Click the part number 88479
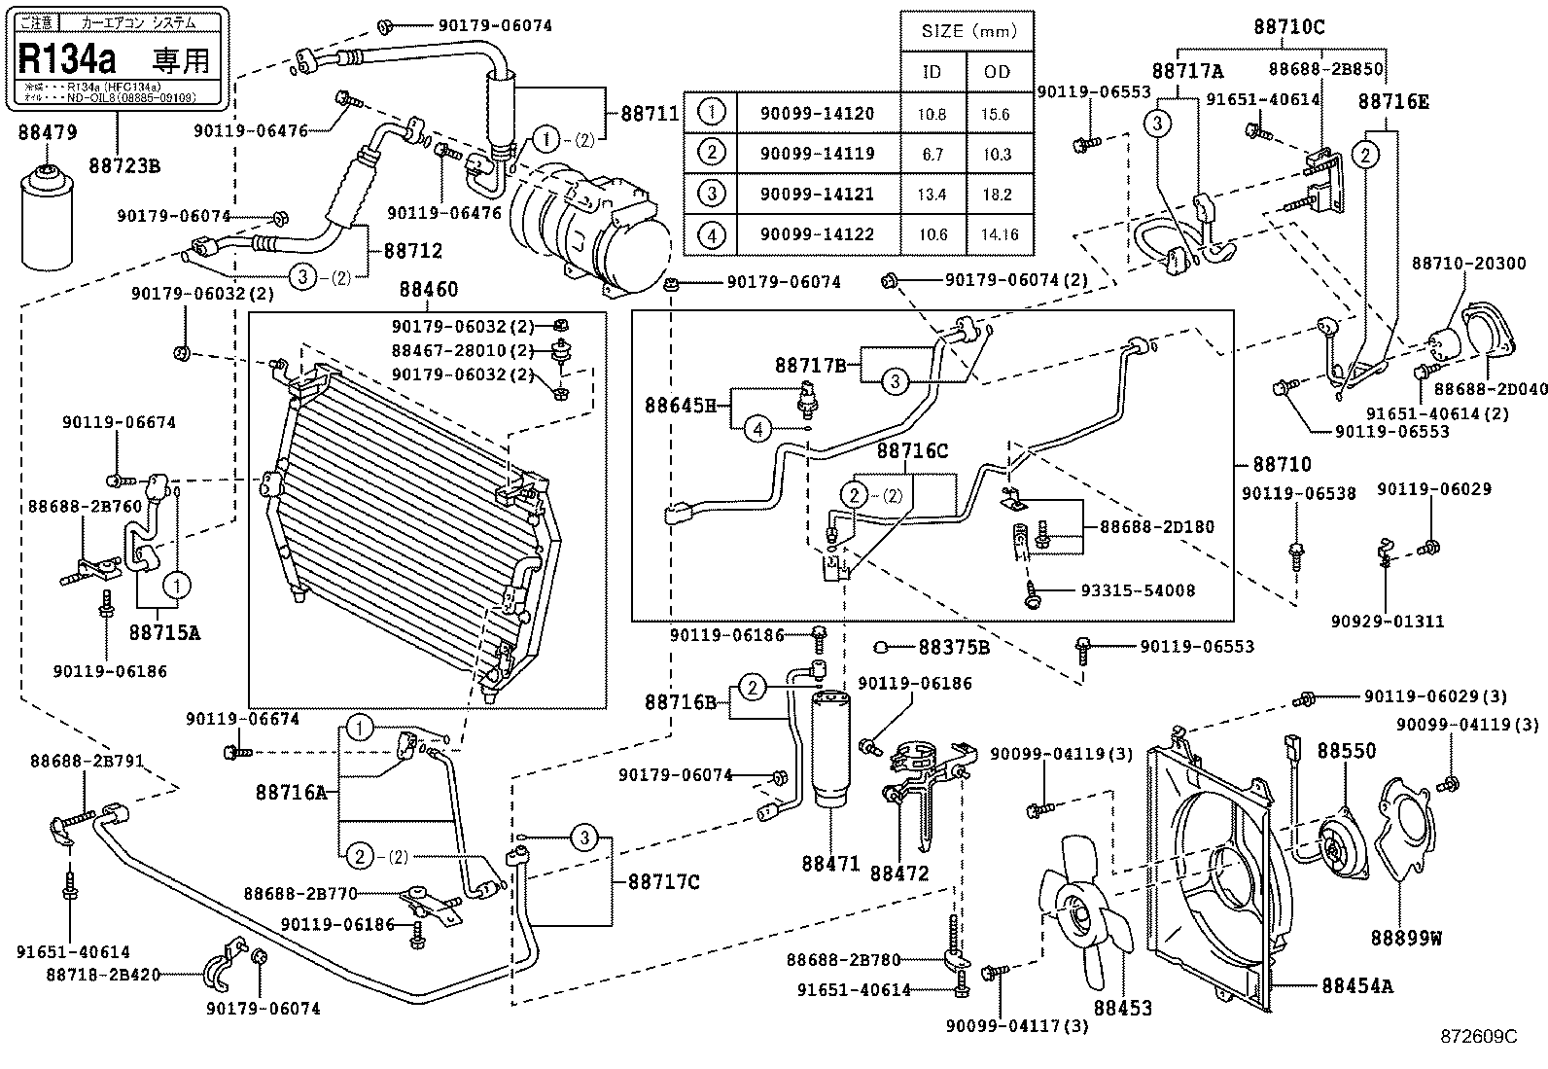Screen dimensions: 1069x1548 [x=48, y=132]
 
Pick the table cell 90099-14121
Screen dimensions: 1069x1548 [x=817, y=194]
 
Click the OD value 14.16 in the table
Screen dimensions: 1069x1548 [x=997, y=234]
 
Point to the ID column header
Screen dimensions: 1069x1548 [x=932, y=72]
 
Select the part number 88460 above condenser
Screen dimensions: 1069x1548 [x=428, y=290]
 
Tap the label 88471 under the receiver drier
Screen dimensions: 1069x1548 [x=831, y=862]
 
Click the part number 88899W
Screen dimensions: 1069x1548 [x=1406, y=938]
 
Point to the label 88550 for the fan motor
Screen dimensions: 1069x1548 [x=1347, y=751]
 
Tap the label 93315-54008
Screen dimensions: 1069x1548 [x=1138, y=590]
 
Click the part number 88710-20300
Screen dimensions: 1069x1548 [x=1455, y=264]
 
